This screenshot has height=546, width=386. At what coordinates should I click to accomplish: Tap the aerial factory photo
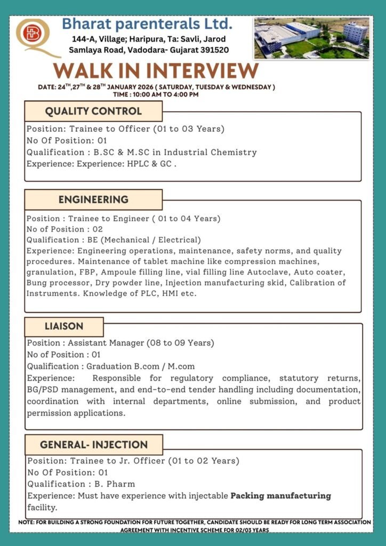point(311,38)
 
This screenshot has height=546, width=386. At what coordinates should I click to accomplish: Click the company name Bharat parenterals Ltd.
point(147,24)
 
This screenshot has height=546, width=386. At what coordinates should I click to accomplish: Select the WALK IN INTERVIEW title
point(156,71)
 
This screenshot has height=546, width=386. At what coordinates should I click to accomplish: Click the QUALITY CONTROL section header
point(93,111)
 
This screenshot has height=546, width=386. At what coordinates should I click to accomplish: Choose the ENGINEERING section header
point(93,199)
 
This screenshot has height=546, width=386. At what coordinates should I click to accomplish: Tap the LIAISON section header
point(64,326)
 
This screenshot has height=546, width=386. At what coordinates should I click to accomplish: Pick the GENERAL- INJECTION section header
point(94,444)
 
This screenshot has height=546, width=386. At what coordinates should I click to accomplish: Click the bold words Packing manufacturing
point(280,496)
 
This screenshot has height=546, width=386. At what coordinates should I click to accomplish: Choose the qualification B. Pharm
point(115,484)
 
